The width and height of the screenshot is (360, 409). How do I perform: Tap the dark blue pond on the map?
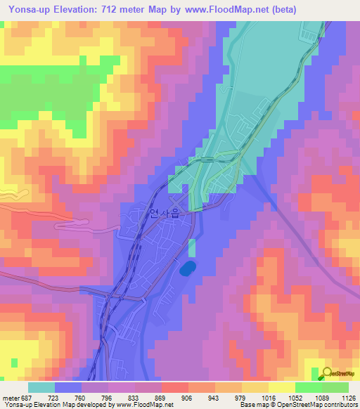[x=187, y=268]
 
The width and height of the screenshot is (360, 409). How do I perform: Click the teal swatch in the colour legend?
[x=41, y=387]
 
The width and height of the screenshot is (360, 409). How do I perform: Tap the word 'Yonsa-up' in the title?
[x=27, y=10]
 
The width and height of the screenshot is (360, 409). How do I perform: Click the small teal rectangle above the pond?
[x=191, y=247]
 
